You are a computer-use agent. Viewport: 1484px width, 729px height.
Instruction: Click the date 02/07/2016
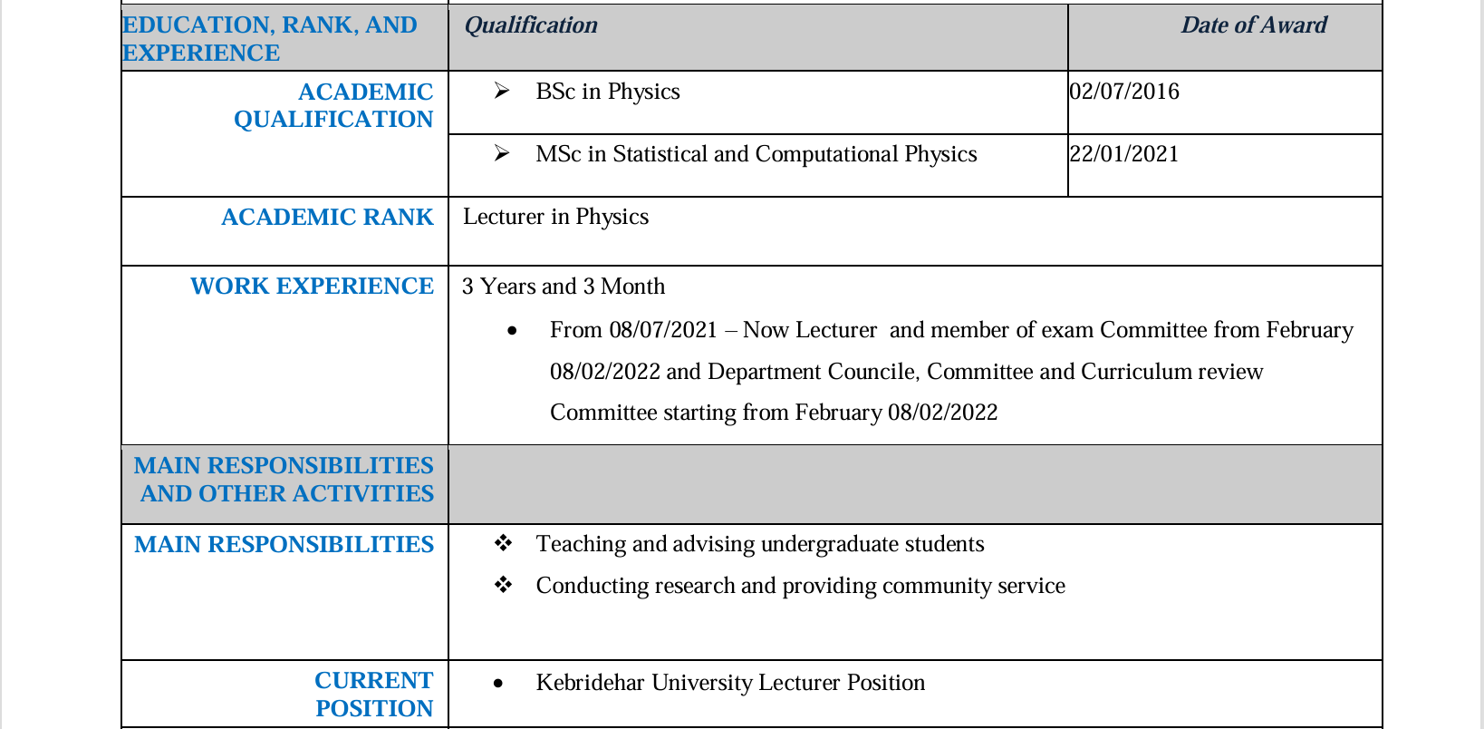click(1124, 92)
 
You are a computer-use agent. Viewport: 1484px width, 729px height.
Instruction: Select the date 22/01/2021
click(1124, 154)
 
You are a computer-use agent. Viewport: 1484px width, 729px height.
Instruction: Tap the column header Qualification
click(531, 25)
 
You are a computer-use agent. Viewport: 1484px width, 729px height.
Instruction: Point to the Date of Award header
click(1253, 25)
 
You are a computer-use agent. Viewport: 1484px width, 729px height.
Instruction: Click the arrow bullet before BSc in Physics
click(502, 91)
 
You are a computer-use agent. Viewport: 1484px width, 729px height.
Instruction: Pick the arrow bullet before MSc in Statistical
click(502, 153)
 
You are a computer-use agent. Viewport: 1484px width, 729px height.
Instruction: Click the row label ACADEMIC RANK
click(327, 218)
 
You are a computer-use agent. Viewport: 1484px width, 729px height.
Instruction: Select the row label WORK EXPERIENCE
click(312, 287)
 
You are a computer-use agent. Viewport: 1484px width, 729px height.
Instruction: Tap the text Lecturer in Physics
click(555, 217)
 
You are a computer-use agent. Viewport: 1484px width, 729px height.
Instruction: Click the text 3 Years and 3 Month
click(564, 287)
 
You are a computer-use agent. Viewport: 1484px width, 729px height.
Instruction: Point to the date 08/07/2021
click(663, 330)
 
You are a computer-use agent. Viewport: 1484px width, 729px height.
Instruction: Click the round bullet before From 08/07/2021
click(513, 331)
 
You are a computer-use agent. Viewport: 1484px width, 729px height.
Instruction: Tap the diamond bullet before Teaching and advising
click(504, 543)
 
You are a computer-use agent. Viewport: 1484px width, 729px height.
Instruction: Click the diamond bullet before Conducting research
click(504, 585)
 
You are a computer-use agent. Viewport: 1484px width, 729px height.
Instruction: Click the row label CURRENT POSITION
click(373, 694)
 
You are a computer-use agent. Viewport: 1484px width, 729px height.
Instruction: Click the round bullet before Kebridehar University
click(498, 684)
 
